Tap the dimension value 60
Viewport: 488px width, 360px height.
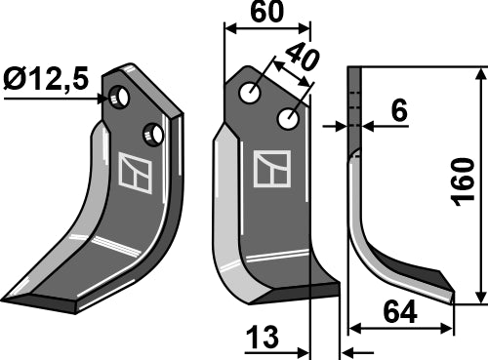(x=268, y=13)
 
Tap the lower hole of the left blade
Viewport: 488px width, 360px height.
(x=151, y=133)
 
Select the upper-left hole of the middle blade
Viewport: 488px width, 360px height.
(x=252, y=93)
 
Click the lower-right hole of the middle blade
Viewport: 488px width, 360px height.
(x=288, y=119)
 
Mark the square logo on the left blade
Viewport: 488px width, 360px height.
(x=132, y=172)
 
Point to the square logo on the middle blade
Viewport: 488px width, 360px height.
(x=271, y=169)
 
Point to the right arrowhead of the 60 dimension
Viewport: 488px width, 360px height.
(x=305, y=29)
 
